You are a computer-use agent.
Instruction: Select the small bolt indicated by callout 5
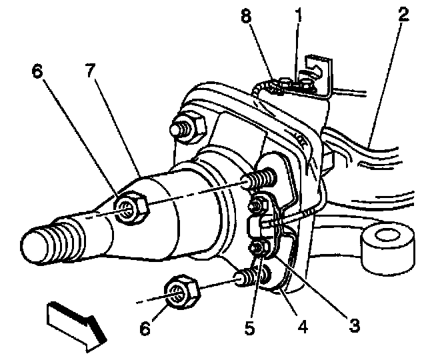click(255, 248)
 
